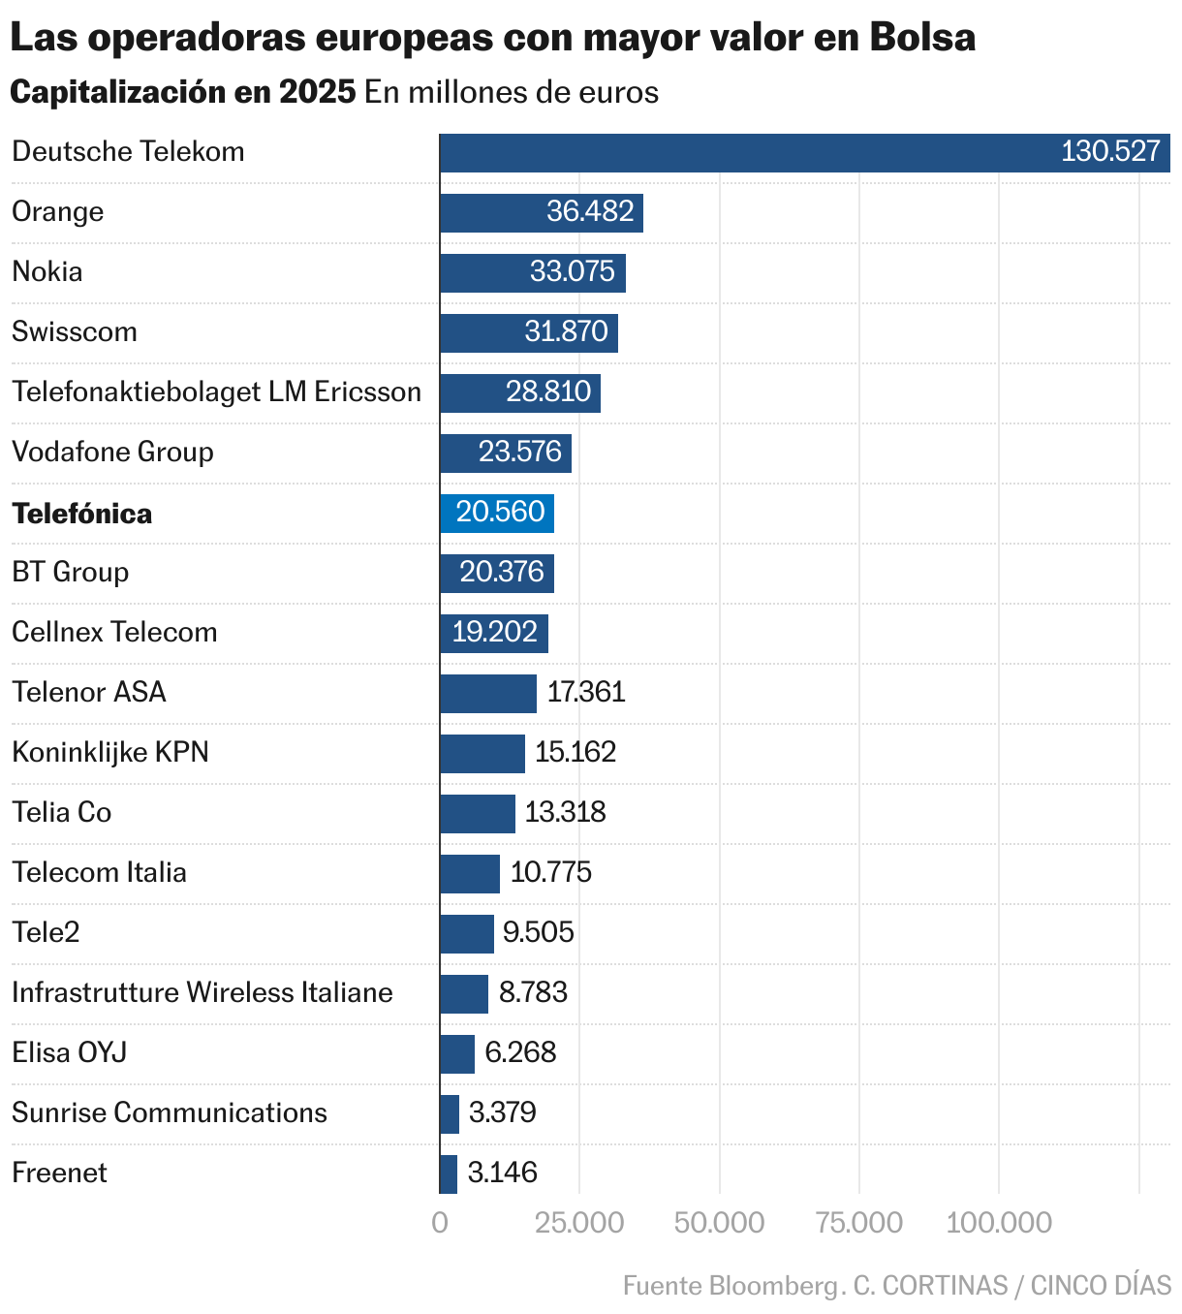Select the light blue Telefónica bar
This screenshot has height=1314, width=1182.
(x=496, y=513)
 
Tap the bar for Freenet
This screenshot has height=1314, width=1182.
(x=449, y=1173)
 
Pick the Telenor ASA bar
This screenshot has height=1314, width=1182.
(x=488, y=693)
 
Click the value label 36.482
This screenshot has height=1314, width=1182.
(x=590, y=211)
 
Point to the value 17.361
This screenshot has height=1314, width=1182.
(x=586, y=692)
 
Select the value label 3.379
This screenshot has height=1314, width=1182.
(x=502, y=1112)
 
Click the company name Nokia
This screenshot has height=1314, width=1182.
(x=47, y=271)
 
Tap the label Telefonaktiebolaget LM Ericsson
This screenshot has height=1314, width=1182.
(x=216, y=391)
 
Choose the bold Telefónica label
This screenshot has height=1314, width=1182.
(x=82, y=513)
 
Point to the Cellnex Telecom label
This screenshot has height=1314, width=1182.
(x=114, y=632)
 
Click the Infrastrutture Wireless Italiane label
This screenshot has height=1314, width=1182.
(x=202, y=992)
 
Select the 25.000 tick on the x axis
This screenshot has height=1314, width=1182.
(x=579, y=1223)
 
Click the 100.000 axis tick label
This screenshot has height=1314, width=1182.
(x=999, y=1223)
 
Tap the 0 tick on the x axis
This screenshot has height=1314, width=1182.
(x=440, y=1223)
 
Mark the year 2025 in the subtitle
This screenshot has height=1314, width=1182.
(x=318, y=92)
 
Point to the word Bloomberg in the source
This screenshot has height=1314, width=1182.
(x=774, y=1285)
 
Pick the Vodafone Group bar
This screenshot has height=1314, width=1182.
(x=506, y=453)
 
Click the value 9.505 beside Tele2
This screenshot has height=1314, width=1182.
(x=539, y=932)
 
